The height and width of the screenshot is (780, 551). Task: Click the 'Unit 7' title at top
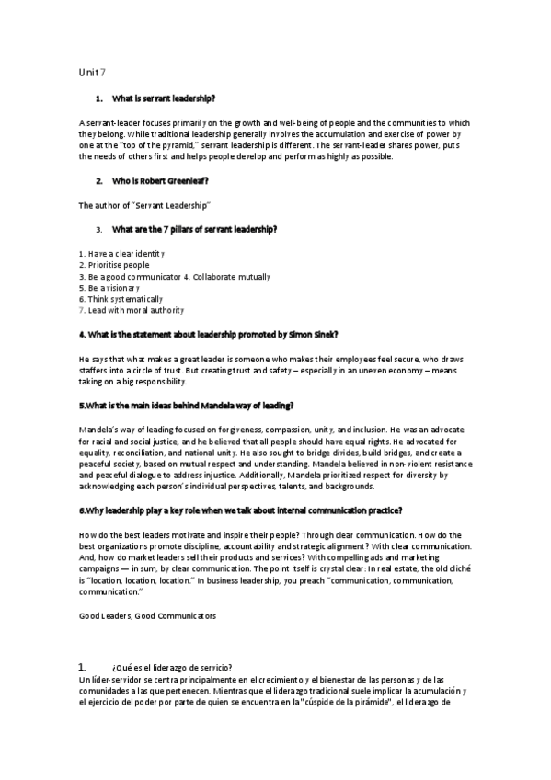[x=92, y=71]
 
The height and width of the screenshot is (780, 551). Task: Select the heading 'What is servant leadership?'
[x=163, y=97]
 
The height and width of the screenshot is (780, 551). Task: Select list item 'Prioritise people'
[x=114, y=264]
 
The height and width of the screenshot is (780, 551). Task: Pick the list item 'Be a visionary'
[x=109, y=287]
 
